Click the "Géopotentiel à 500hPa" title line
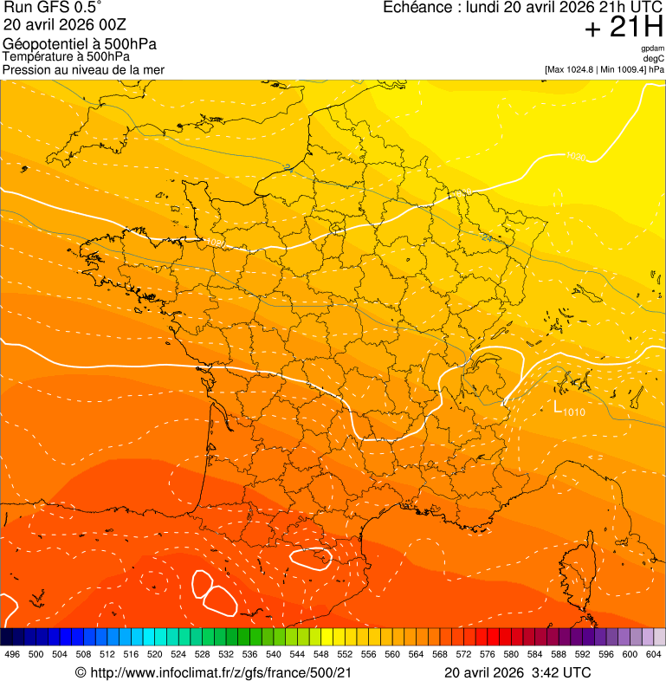[x=80, y=44]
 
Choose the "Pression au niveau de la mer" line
[x=83, y=69]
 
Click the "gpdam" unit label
[x=652, y=49]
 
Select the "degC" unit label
[x=654, y=59]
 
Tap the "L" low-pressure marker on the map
[x=558, y=406]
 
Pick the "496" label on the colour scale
[x=12, y=654]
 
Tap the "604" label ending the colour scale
[x=654, y=654]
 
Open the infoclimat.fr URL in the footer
[x=221, y=672]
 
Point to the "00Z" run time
[x=89, y=24]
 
